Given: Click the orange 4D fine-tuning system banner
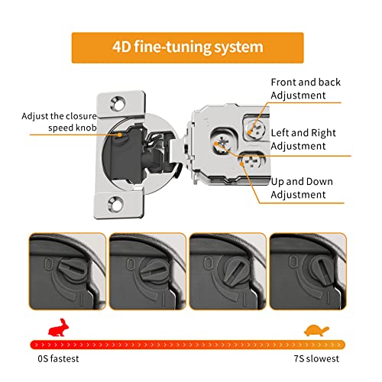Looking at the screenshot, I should (190, 47).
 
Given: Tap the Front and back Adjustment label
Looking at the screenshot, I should (306, 89).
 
